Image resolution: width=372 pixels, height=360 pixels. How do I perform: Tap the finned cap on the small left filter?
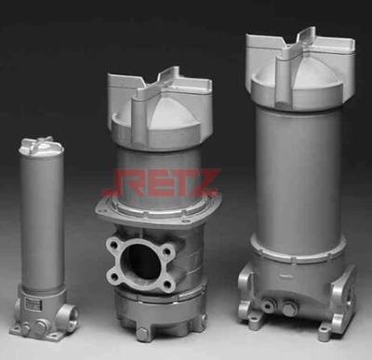(x=41, y=146)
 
